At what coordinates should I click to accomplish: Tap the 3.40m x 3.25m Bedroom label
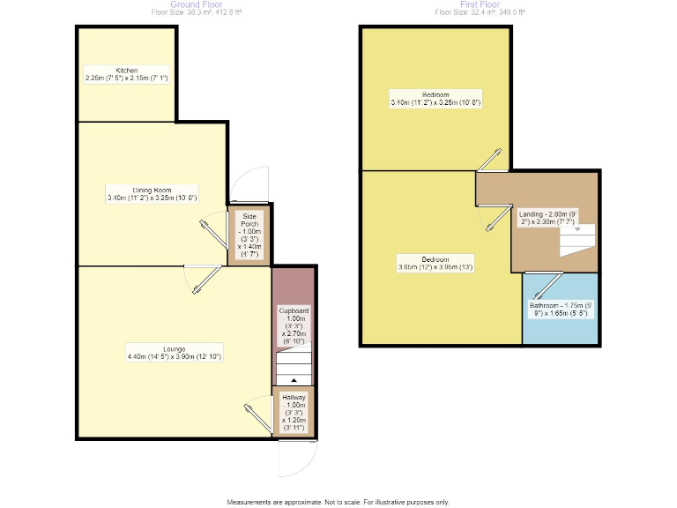click(x=435, y=99)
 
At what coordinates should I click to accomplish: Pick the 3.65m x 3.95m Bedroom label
click(x=435, y=263)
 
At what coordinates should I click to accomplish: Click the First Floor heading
click(x=480, y=4)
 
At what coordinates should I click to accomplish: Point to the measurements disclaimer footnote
click(x=338, y=502)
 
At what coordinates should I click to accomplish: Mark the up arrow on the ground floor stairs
click(x=294, y=380)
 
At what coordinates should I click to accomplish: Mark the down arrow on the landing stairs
click(x=578, y=229)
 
